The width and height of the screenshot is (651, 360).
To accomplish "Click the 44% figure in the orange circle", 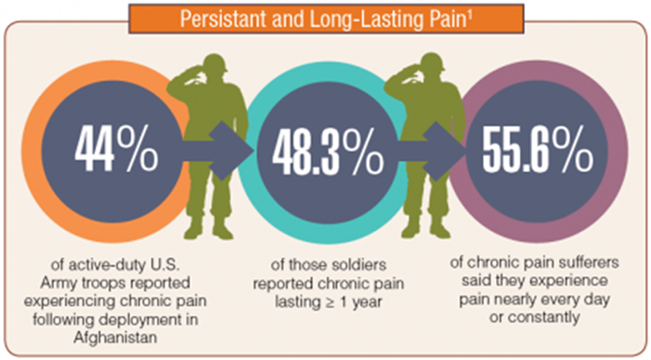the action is (x=117, y=149).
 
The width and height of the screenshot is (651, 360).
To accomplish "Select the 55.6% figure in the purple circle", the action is (x=538, y=149).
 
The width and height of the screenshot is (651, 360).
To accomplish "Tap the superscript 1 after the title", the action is (x=469, y=14).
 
